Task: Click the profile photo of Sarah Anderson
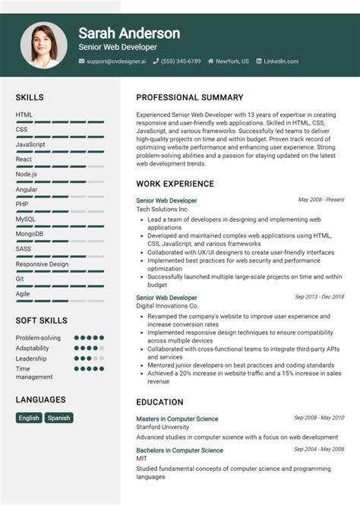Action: [44, 45]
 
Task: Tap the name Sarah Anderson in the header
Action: [129, 33]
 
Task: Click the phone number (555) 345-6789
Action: [180, 61]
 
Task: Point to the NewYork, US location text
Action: [232, 61]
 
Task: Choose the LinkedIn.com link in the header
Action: [280, 61]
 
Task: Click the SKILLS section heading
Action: [30, 97]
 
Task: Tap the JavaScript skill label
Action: [30, 144]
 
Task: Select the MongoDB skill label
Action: [30, 234]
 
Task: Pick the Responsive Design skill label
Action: [42, 264]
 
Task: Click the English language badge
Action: [29, 418]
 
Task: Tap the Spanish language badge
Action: [58, 418]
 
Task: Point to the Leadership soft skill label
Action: [31, 358]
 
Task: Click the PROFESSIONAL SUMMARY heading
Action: [189, 97]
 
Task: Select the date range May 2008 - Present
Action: [321, 200]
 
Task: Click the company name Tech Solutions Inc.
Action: [162, 209]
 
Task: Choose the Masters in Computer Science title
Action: [177, 418]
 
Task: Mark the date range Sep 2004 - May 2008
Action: [319, 450]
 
